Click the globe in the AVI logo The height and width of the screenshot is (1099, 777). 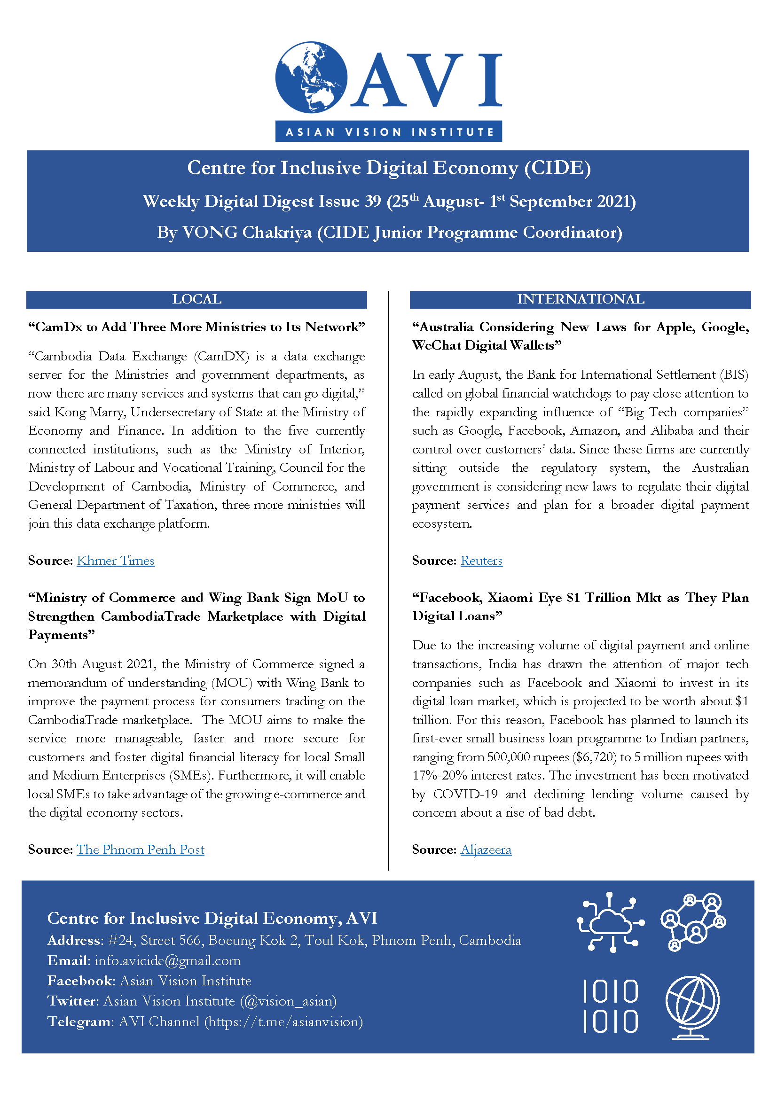pyautogui.click(x=311, y=77)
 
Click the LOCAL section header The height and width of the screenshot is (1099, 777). pyautogui.click(x=196, y=299)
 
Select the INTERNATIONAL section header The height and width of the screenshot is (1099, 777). pyautogui.click(x=580, y=299)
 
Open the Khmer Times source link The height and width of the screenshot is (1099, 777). pyautogui.click(x=115, y=561)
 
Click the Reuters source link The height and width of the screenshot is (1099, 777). pyautogui.click(x=481, y=561)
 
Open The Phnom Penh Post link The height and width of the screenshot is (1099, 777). pyautogui.click(x=140, y=849)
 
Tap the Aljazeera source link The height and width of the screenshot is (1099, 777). pyautogui.click(x=486, y=849)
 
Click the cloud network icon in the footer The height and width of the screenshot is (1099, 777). pyautogui.click(x=610, y=921)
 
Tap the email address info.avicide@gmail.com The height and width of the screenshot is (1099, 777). pyautogui.click(x=167, y=961)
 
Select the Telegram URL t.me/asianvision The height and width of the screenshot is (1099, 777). pyautogui.click(x=284, y=1021)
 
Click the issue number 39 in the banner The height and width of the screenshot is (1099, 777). pyautogui.click(x=372, y=201)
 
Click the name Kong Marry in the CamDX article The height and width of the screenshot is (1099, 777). pyautogui.click(x=89, y=412)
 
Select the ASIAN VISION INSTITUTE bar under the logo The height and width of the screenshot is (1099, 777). pyautogui.click(x=388, y=132)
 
